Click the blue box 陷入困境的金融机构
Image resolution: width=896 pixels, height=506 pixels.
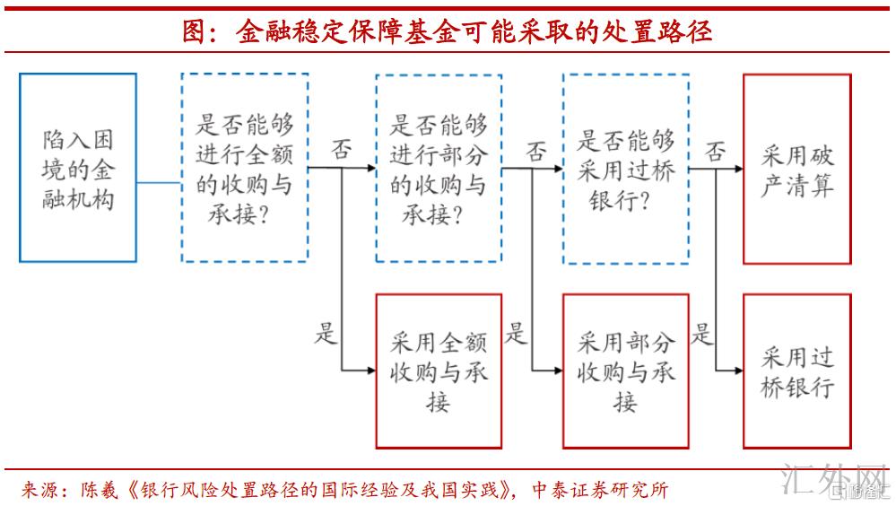click(x=78, y=168)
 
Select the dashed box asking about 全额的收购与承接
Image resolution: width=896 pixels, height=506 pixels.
click(x=245, y=168)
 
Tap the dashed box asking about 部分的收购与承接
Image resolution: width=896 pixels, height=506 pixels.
click(x=439, y=168)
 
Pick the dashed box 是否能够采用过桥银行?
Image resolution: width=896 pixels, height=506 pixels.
click(x=625, y=168)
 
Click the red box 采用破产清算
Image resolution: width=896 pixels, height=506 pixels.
click(x=796, y=169)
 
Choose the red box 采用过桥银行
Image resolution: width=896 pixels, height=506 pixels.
click(x=796, y=371)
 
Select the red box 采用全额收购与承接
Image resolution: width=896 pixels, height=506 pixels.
click(x=439, y=371)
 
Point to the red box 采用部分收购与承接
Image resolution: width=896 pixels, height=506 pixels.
click(x=625, y=371)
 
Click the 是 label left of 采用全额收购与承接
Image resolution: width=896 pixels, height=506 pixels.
click(x=325, y=333)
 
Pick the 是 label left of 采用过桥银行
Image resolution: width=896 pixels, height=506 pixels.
click(x=703, y=333)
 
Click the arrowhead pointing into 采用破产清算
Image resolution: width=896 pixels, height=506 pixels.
click(x=737, y=168)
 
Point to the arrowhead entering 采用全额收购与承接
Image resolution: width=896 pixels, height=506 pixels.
click(x=370, y=370)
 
